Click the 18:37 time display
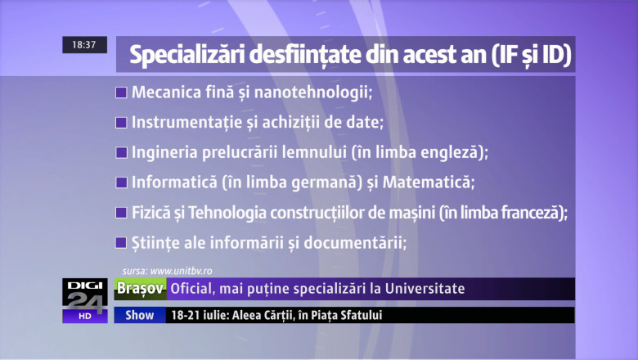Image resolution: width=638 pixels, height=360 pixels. click(84, 45)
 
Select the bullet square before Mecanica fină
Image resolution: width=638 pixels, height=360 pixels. click(121, 92)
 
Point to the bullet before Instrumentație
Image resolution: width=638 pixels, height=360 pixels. click(121, 123)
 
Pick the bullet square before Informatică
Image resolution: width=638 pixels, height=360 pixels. click(121, 182)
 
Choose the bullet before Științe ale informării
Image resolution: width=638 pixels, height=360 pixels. click(121, 243)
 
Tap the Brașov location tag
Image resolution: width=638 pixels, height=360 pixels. click(139, 289)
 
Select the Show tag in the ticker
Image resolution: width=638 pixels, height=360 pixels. click(139, 315)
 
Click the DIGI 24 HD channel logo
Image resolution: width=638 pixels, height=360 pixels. click(84, 299)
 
